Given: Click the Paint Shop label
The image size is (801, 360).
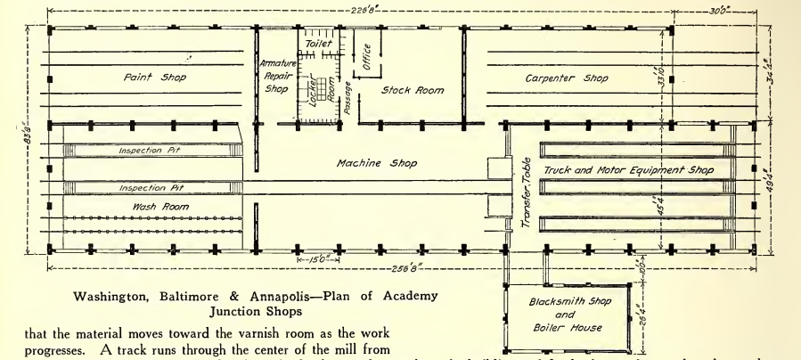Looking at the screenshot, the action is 154,77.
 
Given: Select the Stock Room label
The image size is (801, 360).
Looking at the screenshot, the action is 412,90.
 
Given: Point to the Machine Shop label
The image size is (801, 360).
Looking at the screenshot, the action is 376,163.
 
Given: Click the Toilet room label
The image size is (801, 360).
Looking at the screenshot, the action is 318,44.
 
